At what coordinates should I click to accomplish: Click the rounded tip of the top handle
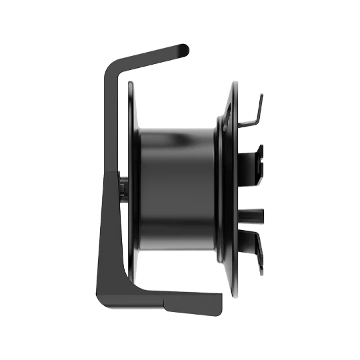click(186, 49)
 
